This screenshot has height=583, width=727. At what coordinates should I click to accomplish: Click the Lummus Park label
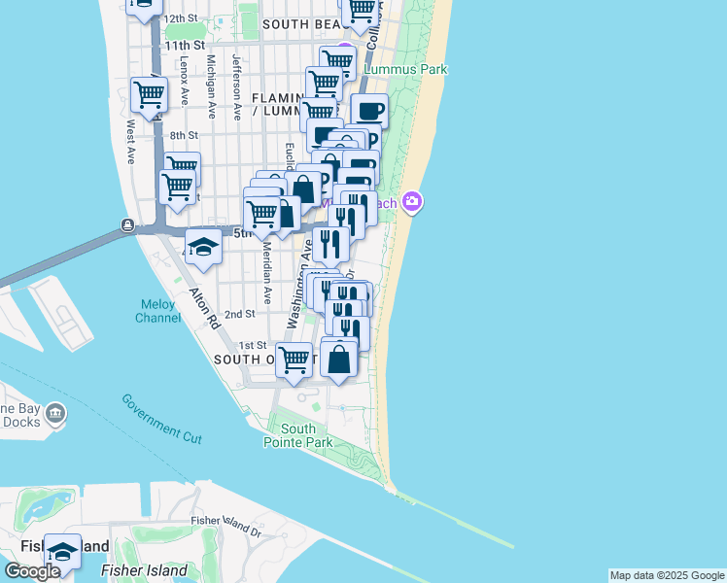click(405, 70)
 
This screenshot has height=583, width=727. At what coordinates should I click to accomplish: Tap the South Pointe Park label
click(297, 434)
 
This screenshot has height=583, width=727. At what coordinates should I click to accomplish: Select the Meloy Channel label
click(157, 311)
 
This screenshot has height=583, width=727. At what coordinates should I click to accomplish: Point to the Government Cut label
click(161, 418)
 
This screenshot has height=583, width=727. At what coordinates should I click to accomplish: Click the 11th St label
click(185, 45)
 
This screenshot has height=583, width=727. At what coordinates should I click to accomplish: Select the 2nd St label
click(239, 315)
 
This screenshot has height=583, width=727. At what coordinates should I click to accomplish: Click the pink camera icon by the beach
click(413, 201)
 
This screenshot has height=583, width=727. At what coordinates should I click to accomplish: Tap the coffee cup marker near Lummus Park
click(369, 110)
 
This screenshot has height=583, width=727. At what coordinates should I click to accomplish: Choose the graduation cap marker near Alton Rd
click(203, 247)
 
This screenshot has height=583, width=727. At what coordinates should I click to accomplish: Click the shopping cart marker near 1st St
click(294, 360)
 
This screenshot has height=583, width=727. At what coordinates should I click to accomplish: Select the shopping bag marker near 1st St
click(338, 359)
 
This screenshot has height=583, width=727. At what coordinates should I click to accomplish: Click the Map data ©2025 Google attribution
click(667, 575)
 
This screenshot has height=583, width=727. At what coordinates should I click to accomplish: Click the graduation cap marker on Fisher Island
click(63, 551)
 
